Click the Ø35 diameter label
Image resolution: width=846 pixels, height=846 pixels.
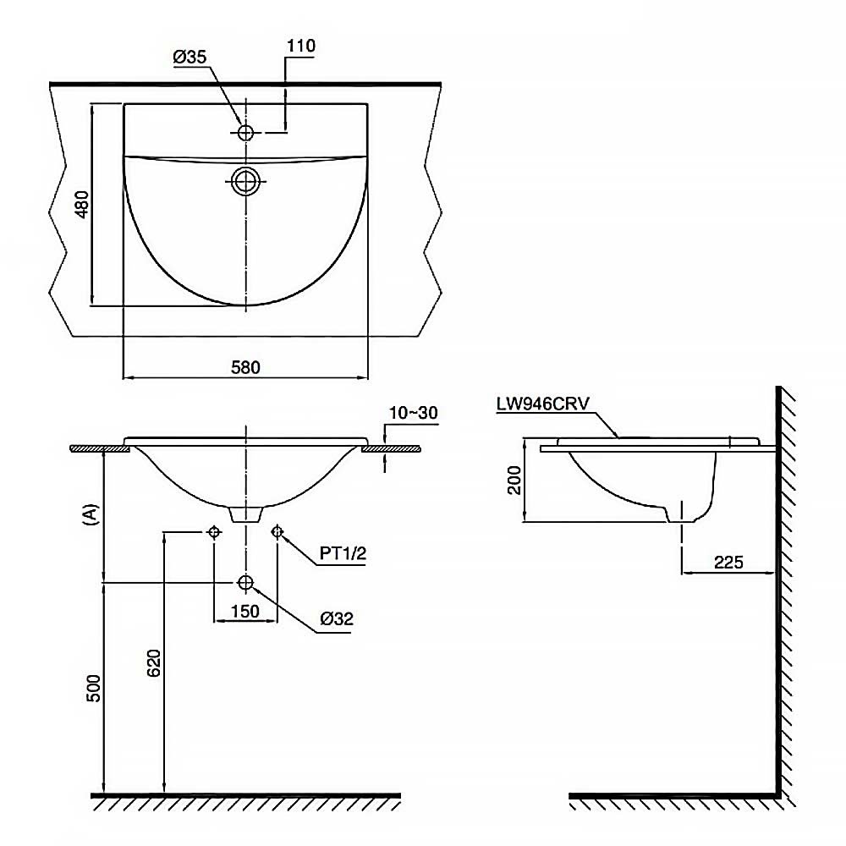pyautogui.click(x=190, y=57)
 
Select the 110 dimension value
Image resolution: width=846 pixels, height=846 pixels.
pyautogui.click(x=300, y=46)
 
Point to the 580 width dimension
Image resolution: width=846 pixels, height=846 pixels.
pyautogui.click(x=245, y=367)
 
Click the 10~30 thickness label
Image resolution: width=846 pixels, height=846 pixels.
pyautogui.click(x=414, y=413)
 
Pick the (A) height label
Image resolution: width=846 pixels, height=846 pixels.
pyautogui.click(x=91, y=514)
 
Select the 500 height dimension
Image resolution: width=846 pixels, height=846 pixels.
pyautogui.click(x=93, y=688)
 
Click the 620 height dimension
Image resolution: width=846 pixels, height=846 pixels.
pyautogui.click(x=154, y=663)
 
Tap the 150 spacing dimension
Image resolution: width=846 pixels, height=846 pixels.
pyautogui.click(x=245, y=612)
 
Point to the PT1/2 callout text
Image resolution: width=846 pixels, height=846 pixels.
pyautogui.click(x=343, y=553)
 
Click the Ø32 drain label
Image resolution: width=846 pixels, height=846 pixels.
pyautogui.click(x=336, y=618)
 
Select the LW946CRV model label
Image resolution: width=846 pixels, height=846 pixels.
pyautogui.click(x=543, y=404)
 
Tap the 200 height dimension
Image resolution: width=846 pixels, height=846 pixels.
pyautogui.click(x=514, y=481)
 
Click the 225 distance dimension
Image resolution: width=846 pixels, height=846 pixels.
pyautogui.click(x=728, y=563)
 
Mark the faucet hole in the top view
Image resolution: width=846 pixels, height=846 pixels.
pyautogui.click(x=245, y=132)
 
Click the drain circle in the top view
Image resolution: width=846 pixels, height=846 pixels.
pyautogui.click(x=245, y=181)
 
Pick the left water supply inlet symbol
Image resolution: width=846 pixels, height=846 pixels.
pyautogui.click(x=214, y=532)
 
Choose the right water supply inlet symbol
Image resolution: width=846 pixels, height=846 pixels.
pyautogui.click(x=277, y=532)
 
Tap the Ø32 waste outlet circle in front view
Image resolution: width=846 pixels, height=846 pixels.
pyautogui.click(x=245, y=582)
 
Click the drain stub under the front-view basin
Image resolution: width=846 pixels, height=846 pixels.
pyautogui.click(x=246, y=514)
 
